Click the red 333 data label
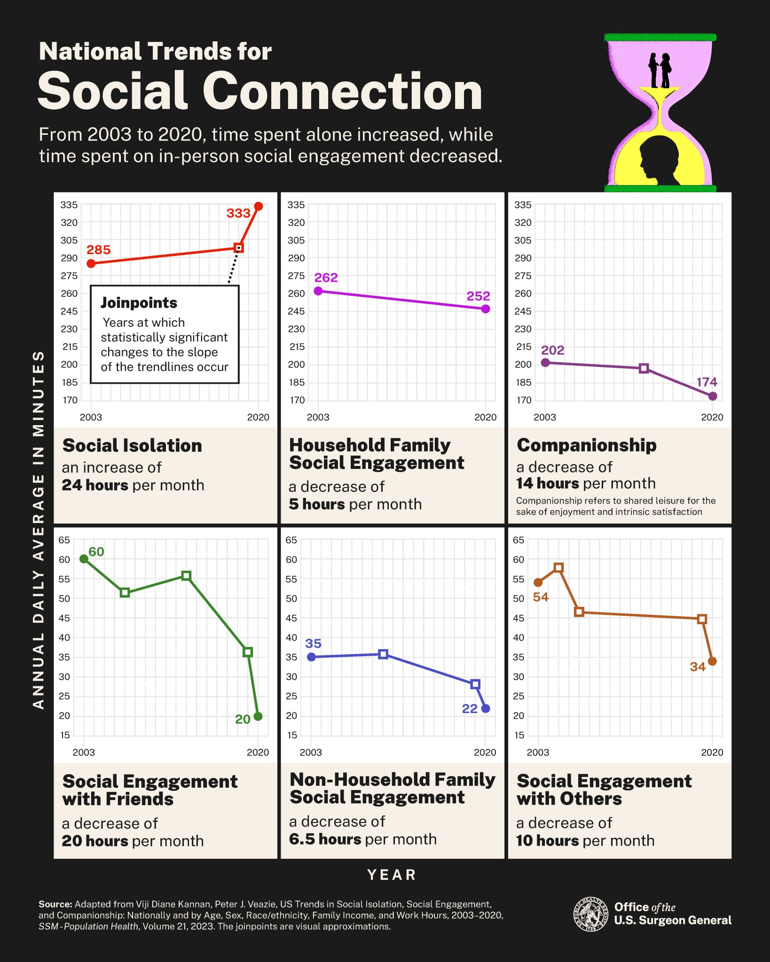coord(238,213)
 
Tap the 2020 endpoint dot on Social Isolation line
coord(259,206)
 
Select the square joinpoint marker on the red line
coord(238,248)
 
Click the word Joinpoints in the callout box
coord(139,303)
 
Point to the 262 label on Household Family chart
coord(326,278)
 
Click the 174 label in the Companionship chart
coord(707,382)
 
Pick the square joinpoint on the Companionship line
coord(644,368)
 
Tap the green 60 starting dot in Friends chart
coord(84,559)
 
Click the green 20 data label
coord(243,719)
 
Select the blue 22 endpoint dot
coord(486,708)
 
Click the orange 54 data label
coord(541,597)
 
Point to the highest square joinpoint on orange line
coord(558,567)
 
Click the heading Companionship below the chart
coord(586,445)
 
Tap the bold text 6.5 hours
coord(325,839)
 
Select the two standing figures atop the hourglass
coord(660,70)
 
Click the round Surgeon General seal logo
coord(590,914)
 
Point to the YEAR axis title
coord(392,875)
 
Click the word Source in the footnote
coord(55,904)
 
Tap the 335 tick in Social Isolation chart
coord(69,205)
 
